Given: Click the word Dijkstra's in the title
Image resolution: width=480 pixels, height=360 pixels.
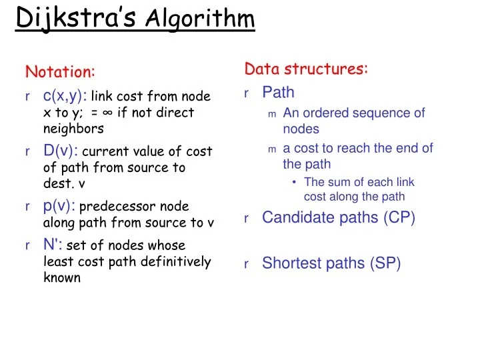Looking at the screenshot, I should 76,17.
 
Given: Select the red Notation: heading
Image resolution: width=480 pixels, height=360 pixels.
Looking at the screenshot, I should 60,71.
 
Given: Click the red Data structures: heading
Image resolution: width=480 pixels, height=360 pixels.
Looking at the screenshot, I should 306,69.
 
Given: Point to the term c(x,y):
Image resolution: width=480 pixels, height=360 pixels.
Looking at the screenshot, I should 65,96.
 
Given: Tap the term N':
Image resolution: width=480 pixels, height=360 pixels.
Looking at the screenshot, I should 53,245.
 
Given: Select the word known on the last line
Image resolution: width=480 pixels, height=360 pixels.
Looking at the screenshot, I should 62,277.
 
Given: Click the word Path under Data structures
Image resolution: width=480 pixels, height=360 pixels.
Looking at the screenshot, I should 278,92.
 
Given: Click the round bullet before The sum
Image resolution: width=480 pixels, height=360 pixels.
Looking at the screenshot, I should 294,182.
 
